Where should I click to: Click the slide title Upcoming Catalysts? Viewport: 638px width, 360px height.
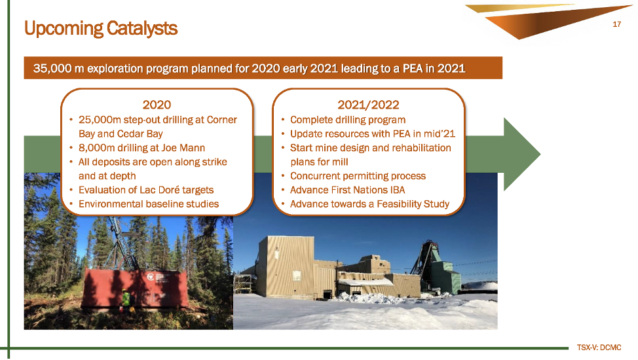pyautogui.click(x=101, y=29)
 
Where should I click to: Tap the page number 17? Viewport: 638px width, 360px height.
pyautogui.click(x=617, y=24)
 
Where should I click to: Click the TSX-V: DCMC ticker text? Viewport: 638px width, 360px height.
pyautogui.click(x=599, y=348)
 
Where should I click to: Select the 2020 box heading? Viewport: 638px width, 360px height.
pyautogui.click(x=157, y=105)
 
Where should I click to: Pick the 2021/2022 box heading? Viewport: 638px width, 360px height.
pyautogui.click(x=368, y=105)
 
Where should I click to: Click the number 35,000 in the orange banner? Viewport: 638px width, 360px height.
pyautogui.click(x=53, y=68)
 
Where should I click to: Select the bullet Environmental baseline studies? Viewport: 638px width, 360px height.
pyautogui.click(x=149, y=204)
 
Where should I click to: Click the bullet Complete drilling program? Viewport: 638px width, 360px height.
pyautogui.click(x=347, y=120)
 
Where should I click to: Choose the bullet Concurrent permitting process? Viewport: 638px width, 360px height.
pyautogui.click(x=358, y=176)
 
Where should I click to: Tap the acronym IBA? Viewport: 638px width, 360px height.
pyautogui.click(x=398, y=190)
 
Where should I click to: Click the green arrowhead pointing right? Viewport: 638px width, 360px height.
pyautogui.click(x=521, y=154)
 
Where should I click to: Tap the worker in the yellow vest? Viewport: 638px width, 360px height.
pyautogui.click(x=127, y=300)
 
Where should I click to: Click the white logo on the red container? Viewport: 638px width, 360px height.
pyautogui.click(x=151, y=278)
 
